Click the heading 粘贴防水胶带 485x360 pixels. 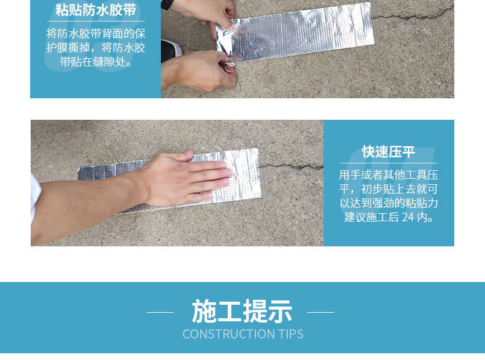96,10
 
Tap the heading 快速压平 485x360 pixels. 389,152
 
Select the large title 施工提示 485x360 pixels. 242,311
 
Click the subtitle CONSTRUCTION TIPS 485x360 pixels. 243,334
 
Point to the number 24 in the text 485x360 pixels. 408,217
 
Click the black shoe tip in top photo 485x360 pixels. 171,50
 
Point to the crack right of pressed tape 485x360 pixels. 291,167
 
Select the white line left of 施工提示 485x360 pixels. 160,312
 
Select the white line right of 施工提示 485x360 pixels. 320,312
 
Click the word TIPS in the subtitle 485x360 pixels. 291,334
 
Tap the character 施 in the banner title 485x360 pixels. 204,311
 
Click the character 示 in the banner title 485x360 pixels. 280,311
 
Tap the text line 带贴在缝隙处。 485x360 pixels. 96,62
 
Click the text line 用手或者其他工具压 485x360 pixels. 389,175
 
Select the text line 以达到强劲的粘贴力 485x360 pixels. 389,203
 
